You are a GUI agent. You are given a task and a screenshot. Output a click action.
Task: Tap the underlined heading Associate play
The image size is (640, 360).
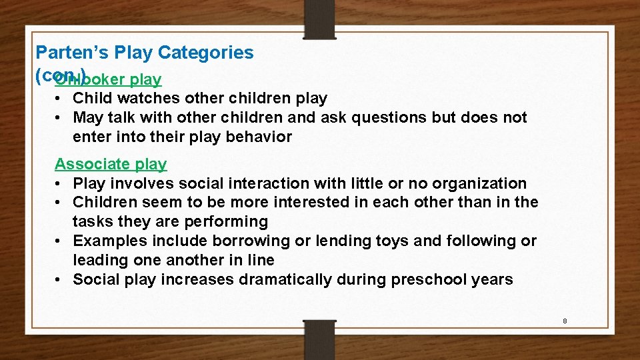click(111, 164)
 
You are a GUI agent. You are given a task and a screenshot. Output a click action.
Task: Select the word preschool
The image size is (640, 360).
click(429, 279)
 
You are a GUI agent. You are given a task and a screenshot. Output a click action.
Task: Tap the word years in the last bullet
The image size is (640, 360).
click(493, 279)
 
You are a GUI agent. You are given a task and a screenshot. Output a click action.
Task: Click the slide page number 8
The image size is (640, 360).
click(565, 321)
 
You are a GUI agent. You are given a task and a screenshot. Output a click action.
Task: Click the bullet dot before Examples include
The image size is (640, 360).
click(60, 241)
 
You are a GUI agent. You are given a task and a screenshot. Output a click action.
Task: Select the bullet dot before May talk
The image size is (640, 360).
click(60, 118)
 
